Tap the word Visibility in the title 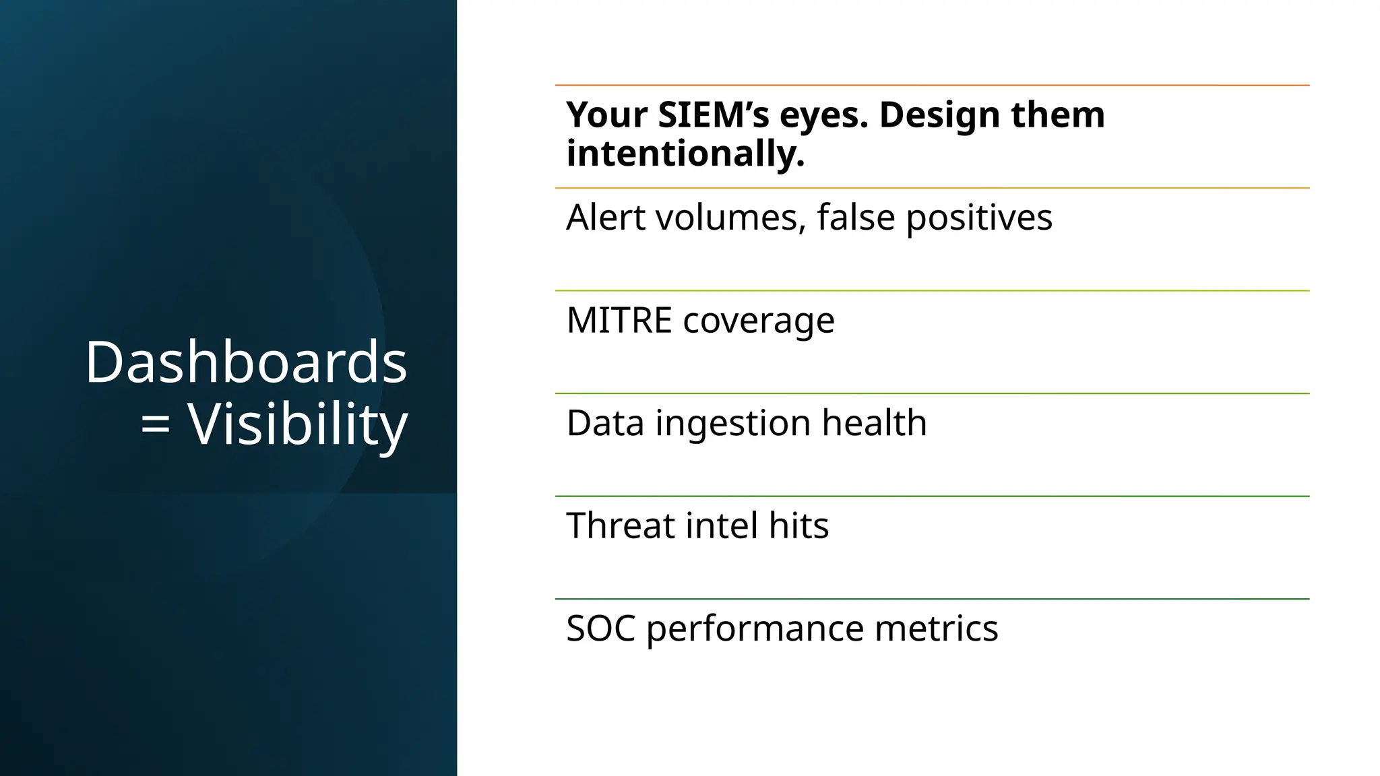(297, 424)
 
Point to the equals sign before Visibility (155, 424)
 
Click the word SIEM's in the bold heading (714, 115)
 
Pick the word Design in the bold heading (930, 116)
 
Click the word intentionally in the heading (685, 154)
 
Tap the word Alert (604, 218)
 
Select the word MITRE (619, 320)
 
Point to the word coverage (759, 321)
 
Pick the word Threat (620, 525)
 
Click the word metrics (936, 628)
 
